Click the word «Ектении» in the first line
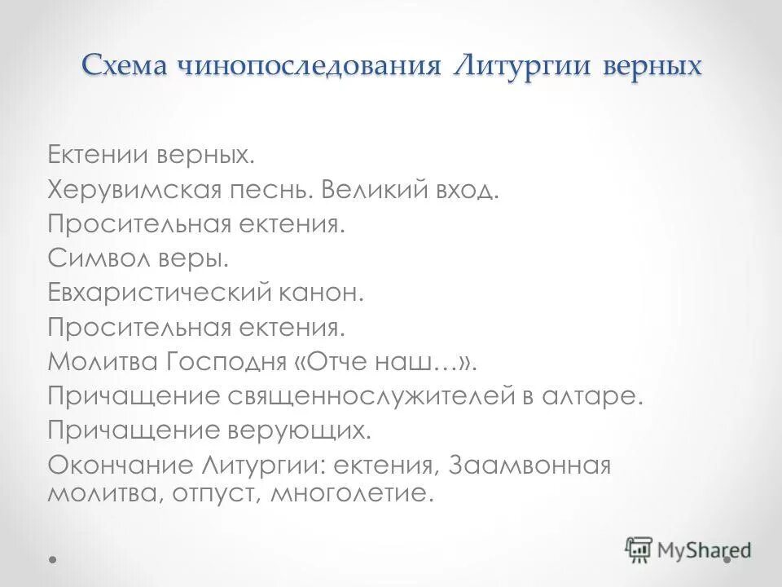coord(90,154)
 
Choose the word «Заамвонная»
coord(527,466)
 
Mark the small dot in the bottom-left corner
coord(54,560)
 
